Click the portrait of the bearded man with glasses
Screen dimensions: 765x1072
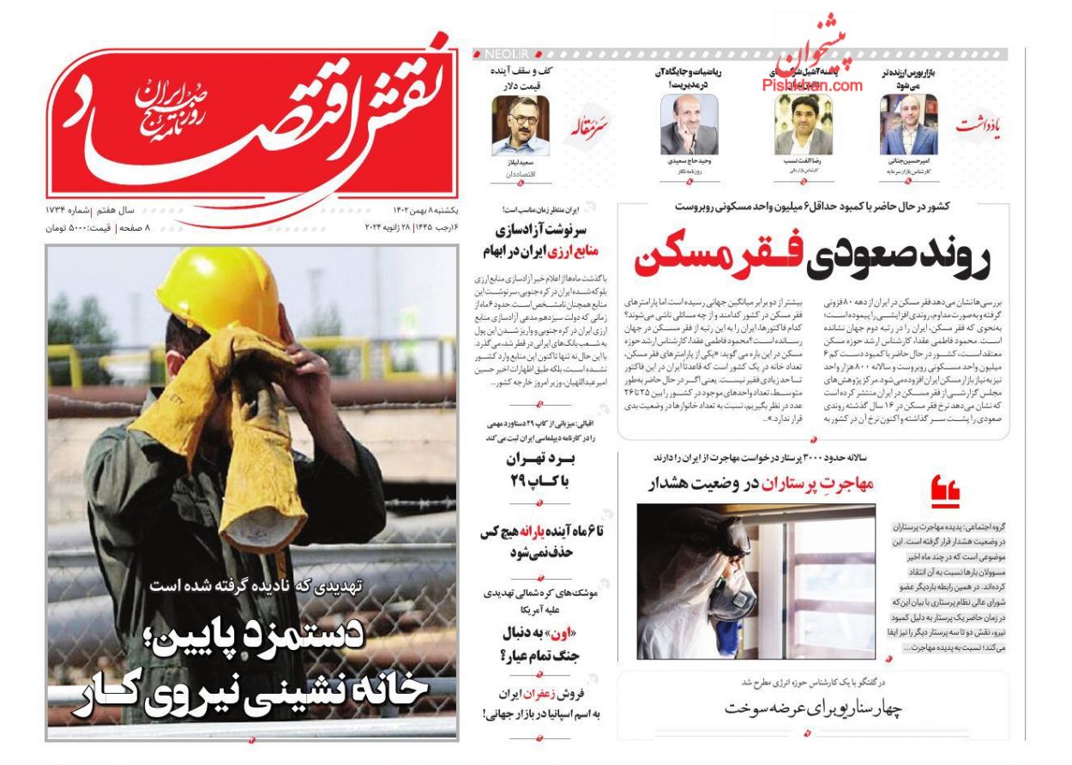(520, 124)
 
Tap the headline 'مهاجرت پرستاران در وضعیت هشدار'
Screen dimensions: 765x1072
(762, 484)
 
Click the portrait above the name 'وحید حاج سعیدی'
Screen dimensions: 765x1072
(689, 124)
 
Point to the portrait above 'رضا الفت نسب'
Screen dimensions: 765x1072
(804, 124)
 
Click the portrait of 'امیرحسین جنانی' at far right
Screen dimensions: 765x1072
(908, 124)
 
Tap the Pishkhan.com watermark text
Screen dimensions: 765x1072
(811, 85)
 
